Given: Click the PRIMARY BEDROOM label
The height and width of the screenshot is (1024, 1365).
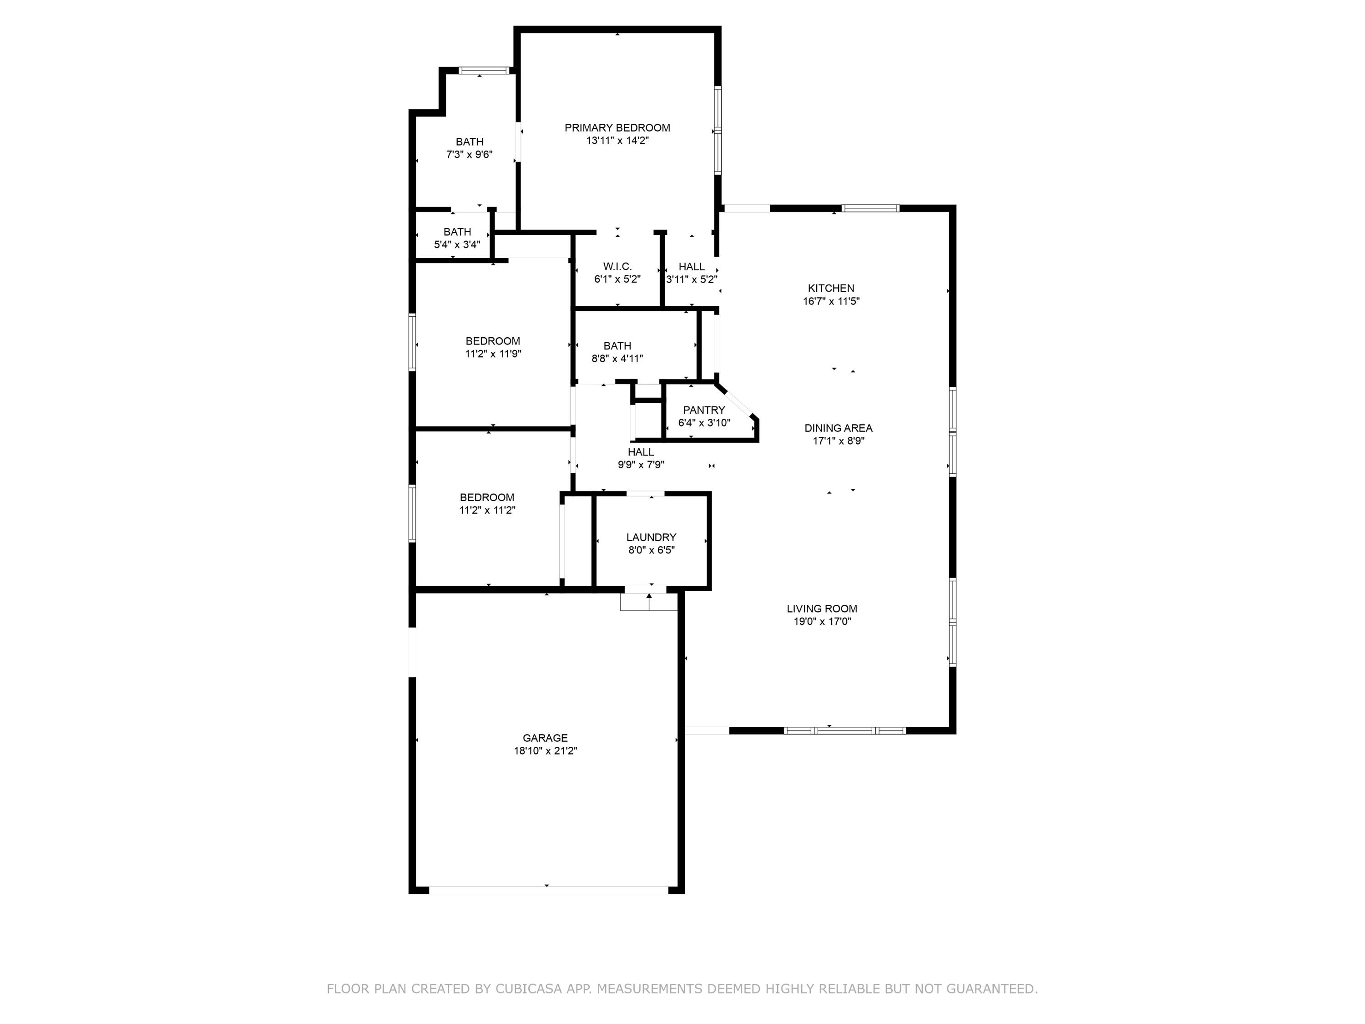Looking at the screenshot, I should (617, 128).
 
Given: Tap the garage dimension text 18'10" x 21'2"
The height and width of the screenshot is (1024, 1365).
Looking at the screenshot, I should (545, 750).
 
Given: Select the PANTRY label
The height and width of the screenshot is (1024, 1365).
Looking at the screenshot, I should (703, 410).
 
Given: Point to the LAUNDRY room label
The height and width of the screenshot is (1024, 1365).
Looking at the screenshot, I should (651, 537).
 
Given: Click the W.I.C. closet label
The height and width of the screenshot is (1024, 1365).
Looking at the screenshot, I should (617, 267).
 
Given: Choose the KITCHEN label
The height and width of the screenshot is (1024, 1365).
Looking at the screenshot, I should (830, 288).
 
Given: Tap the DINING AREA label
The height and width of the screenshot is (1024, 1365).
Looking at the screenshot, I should (838, 428).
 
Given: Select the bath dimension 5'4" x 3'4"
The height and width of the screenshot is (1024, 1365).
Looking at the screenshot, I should (457, 244).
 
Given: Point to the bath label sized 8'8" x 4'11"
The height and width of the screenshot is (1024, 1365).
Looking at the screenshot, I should (617, 345).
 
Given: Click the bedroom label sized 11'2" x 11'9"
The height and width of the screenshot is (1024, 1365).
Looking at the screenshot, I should (492, 341).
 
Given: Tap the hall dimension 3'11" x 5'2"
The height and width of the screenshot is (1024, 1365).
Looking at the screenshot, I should (691, 279).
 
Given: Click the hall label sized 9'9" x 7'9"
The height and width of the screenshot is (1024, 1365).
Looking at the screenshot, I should (641, 452).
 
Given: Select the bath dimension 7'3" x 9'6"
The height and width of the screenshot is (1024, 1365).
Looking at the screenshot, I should (469, 154).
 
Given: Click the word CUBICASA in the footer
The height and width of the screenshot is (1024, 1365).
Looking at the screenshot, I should (528, 989).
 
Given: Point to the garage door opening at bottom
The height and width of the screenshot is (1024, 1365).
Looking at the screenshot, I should (548, 890).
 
